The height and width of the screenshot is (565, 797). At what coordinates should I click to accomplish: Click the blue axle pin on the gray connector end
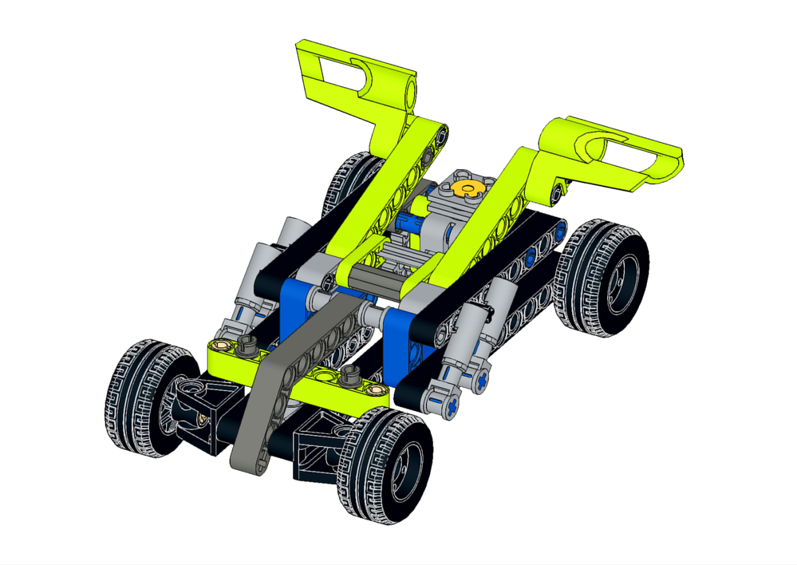click(x=452, y=405)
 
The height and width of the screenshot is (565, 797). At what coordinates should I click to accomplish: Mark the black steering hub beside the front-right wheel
click(x=319, y=447)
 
